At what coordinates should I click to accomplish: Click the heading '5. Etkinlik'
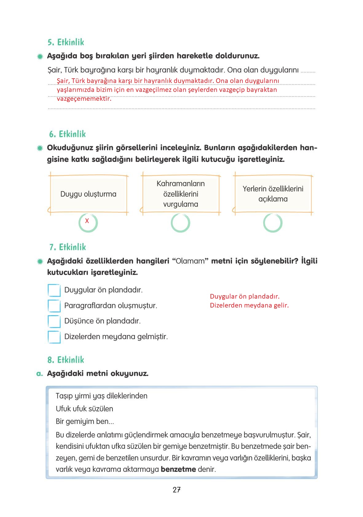[66, 42]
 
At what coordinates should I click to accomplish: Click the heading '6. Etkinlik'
[67, 134]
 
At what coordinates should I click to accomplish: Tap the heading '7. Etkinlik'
[68, 247]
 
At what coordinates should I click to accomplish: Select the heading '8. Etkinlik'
[66, 360]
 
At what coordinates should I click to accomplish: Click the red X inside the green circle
[87, 221]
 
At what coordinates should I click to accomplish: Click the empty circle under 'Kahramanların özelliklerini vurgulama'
[180, 223]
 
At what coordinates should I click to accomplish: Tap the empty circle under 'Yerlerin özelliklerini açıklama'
[273, 223]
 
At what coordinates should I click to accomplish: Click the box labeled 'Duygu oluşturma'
[88, 194]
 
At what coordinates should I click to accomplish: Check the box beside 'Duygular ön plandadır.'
[54, 290]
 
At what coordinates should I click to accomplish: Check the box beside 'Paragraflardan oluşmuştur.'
[54, 306]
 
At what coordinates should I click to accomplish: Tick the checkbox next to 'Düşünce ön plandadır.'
[54, 321]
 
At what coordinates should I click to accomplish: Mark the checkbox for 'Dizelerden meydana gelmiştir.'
[54, 337]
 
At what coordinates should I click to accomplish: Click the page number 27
[176, 490]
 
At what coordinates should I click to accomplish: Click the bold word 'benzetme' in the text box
[178, 469]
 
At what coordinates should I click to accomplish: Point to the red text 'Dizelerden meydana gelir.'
[249, 305]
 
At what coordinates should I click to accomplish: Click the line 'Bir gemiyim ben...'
[85, 421]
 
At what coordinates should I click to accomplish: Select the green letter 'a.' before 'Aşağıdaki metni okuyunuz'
[39, 374]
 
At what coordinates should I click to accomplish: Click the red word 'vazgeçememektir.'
[84, 99]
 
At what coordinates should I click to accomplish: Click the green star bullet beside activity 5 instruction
[40, 57]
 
